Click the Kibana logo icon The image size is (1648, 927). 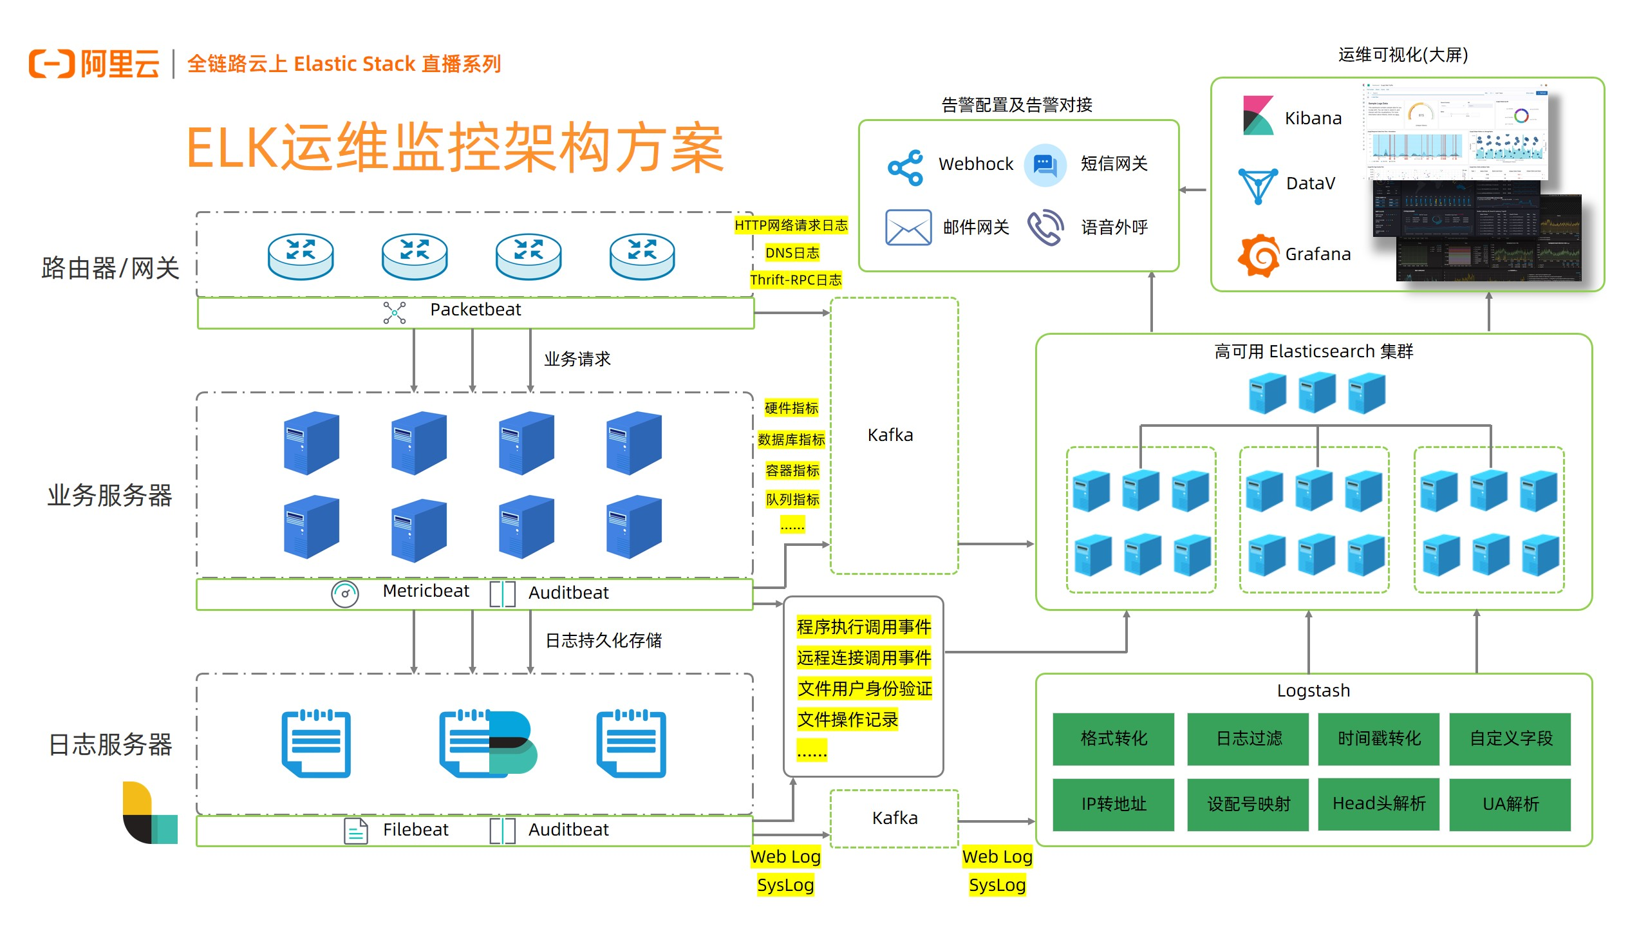[1258, 116]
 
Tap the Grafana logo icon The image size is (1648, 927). [1258, 256]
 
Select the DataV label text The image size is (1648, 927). [1310, 184]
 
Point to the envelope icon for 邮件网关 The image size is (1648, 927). [908, 227]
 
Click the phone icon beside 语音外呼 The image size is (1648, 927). [1045, 227]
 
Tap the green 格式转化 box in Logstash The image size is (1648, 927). [1113, 739]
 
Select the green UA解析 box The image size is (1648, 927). [1510, 805]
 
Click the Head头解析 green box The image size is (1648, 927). [1378, 804]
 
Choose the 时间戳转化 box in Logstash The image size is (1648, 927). [1378, 739]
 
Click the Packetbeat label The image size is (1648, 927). [475, 310]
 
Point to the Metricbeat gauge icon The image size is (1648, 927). [345, 594]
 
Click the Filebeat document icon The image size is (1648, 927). [355, 830]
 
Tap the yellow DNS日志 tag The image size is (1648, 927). [792, 253]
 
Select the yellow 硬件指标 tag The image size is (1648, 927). [791, 408]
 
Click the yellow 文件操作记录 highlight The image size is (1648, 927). [847, 720]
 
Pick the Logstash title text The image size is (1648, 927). [1313, 691]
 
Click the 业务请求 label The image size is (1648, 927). [577, 359]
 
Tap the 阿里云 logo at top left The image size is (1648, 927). [94, 64]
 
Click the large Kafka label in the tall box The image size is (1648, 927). [890, 435]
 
